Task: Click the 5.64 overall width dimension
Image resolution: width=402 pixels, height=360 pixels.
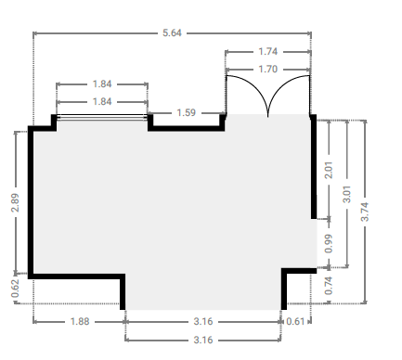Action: [172, 32]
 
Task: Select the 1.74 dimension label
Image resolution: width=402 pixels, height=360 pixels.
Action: [268, 51]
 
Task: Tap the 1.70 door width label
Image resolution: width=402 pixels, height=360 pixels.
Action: [268, 69]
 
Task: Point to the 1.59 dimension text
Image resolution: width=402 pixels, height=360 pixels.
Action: [187, 112]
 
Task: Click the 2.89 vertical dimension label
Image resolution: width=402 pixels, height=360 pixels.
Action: [15, 203]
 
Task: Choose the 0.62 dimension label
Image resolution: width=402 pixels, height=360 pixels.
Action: [15, 289]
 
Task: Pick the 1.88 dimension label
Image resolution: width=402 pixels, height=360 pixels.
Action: [80, 322]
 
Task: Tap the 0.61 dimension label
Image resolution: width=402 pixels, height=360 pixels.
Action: [295, 322]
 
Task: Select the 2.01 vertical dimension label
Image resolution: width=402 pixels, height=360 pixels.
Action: [329, 170]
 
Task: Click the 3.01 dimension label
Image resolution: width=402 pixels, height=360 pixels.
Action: [347, 194]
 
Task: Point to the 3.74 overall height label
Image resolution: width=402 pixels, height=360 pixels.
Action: [365, 212]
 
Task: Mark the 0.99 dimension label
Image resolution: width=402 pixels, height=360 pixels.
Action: [329, 244]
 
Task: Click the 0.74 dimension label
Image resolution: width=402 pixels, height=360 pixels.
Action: [329, 286]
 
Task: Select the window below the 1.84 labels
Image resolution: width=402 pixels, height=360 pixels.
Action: [102, 117]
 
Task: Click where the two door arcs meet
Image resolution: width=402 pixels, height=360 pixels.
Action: [267, 116]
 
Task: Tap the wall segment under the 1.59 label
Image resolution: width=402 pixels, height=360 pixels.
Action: [187, 128]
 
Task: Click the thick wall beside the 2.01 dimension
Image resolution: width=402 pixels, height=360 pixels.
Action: [314, 167]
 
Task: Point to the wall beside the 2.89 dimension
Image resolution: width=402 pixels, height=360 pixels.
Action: [31, 202]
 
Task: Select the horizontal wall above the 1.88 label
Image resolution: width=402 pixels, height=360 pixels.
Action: [76, 276]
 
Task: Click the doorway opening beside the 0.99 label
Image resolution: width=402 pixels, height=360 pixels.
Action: [314, 243]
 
